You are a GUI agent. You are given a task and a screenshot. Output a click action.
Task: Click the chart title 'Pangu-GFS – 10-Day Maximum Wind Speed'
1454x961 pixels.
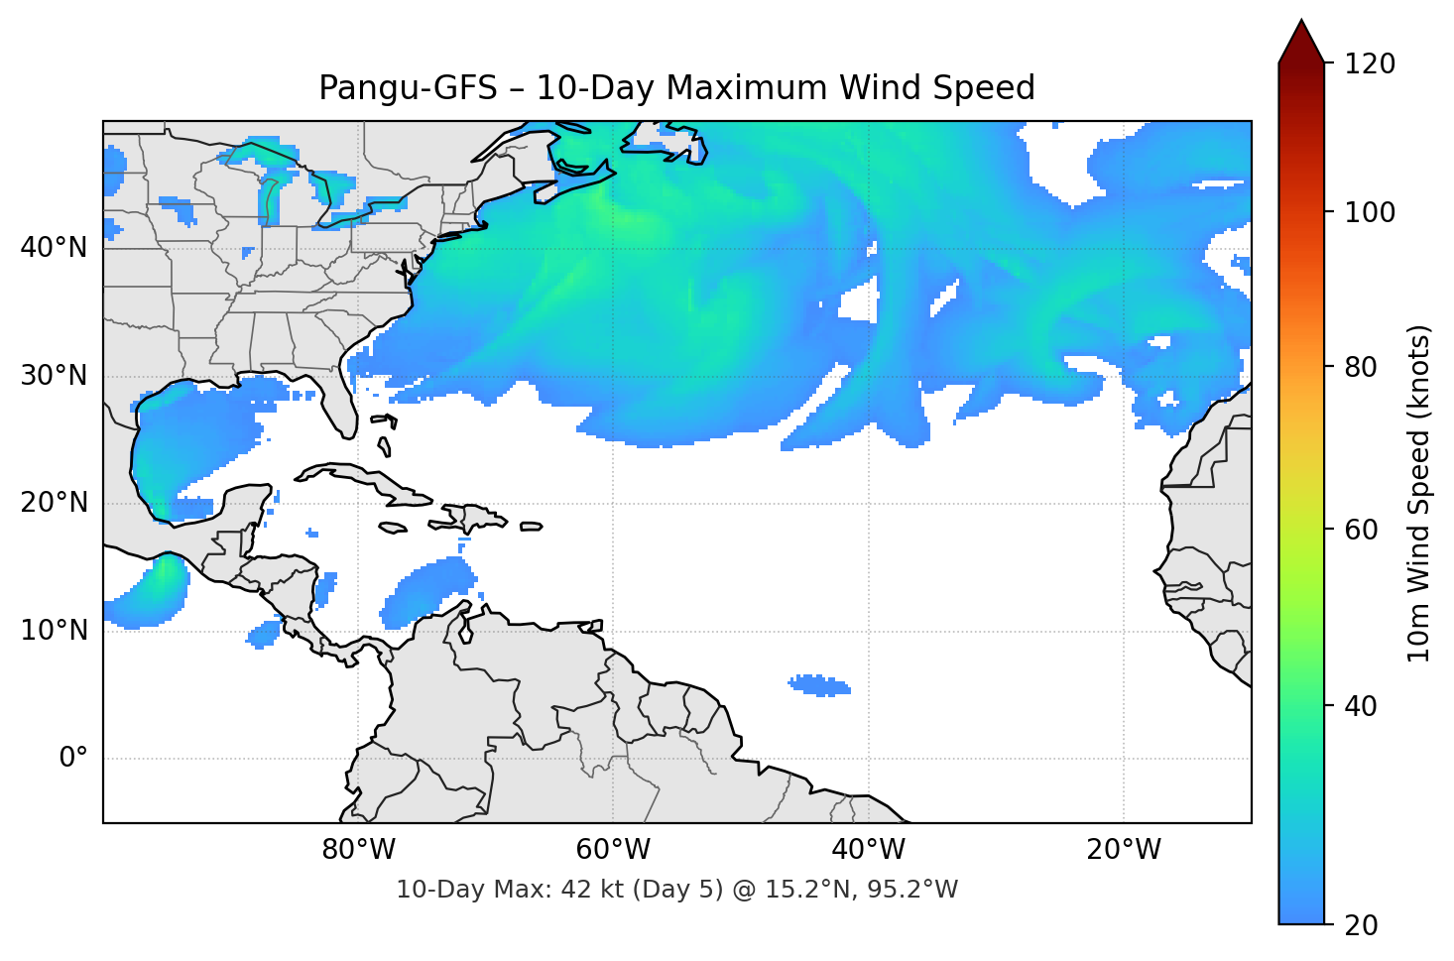pos(676,88)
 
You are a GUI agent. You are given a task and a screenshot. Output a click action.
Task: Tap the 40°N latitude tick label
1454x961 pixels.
pos(54,247)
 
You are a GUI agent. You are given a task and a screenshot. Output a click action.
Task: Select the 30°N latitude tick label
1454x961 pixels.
pos(54,375)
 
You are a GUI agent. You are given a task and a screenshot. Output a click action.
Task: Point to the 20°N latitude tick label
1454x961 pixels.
pos(54,503)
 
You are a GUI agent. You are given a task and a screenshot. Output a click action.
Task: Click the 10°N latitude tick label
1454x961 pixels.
pos(54,630)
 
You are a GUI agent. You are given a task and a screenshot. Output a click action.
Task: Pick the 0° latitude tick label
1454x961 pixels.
pos(72,758)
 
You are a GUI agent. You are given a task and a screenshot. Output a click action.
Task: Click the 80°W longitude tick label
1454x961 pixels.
pos(358,850)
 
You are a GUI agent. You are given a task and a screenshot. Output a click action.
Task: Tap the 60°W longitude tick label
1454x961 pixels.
pos(613,850)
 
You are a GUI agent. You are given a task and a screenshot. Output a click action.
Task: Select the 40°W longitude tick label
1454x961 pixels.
pos(868,850)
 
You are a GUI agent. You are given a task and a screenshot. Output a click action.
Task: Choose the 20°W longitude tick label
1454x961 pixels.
pos(1123,850)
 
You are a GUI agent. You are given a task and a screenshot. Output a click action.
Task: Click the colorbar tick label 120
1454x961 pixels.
pos(1370,63)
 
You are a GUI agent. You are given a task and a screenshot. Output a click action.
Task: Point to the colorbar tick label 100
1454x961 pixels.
pos(1370,212)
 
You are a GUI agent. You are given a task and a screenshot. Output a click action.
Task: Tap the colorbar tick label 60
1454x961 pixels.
pos(1361,530)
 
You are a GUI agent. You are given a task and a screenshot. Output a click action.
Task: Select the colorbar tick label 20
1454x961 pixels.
pos(1361,924)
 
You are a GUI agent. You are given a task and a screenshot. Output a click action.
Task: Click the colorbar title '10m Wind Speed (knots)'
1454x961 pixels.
pos(1419,493)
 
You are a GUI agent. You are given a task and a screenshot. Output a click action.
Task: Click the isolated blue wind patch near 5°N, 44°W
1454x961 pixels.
pos(819,685)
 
